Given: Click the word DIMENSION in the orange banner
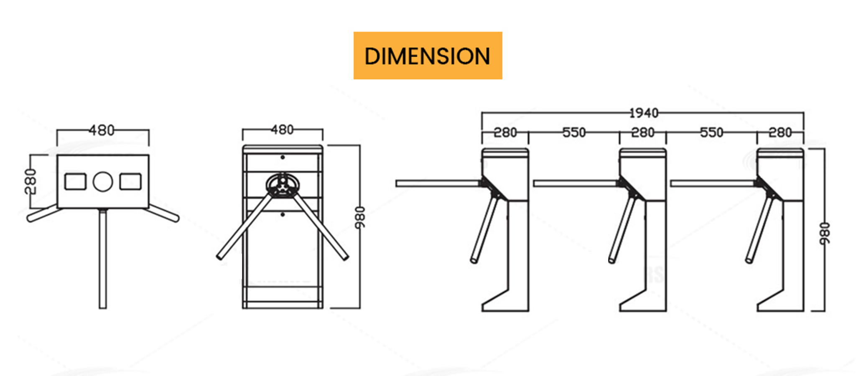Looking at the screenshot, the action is (x=427, y=56).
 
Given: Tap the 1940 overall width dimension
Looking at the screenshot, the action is (x=644, y=113).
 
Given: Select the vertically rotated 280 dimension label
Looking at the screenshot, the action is (x=31, y=181).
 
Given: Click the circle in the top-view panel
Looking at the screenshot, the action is (x=103, y=182).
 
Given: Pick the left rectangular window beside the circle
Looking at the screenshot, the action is (x=76, y=182).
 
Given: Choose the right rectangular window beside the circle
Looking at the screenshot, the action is (x=130, y=182).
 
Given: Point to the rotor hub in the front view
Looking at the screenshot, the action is (x=283, y=185).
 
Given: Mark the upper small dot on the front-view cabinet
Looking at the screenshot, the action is (x=283, y=158).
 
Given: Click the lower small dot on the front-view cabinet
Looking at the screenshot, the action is (x=283, y=214).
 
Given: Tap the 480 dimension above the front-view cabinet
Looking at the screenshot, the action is (x=282, y=130).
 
